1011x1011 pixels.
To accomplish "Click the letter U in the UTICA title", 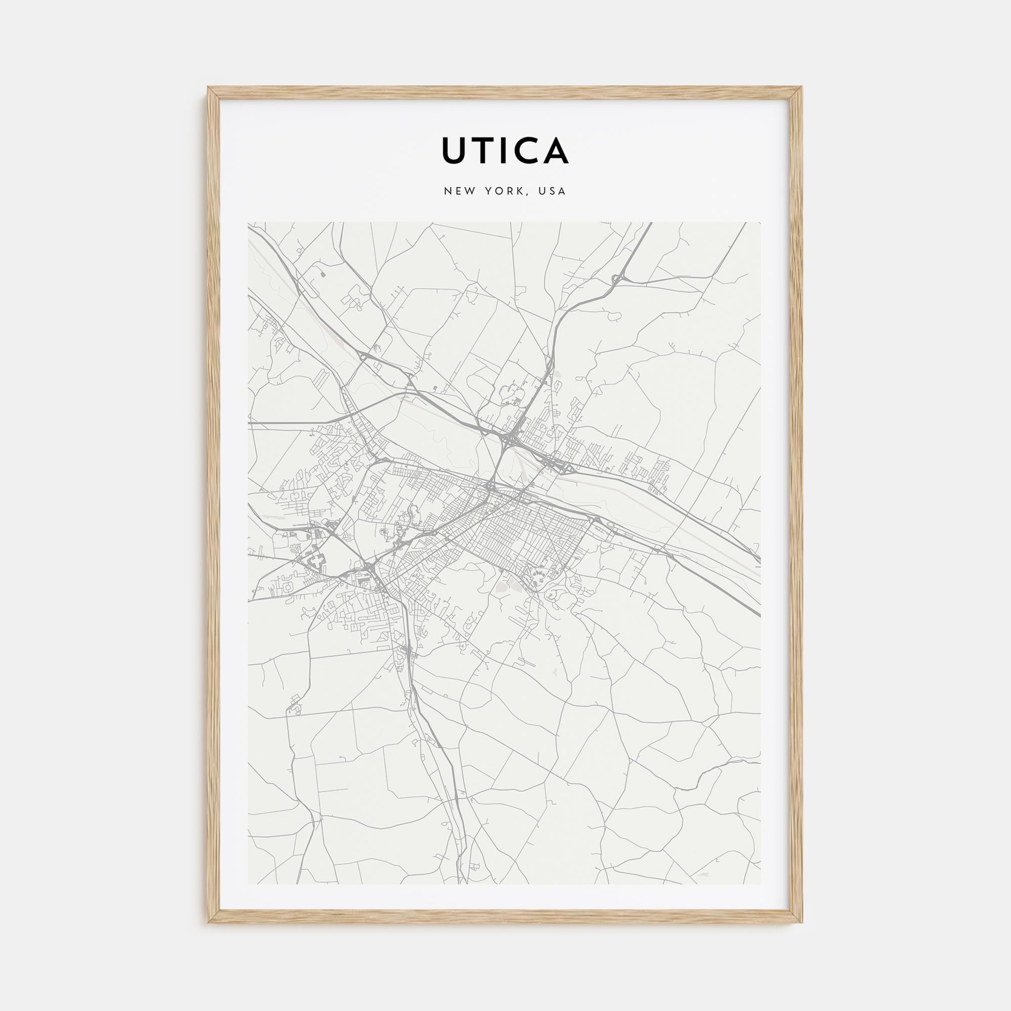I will pyautogui.click(x=455, y=151).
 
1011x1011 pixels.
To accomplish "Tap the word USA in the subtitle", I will pyautogui.click(x=554, y=191).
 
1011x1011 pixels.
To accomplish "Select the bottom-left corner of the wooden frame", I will pyautogui.click(x=208, y=923).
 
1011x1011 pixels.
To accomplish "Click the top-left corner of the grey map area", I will pyautogui.click(x=248, y=222).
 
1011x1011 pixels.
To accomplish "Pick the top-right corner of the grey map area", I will pyautogui.click(x=761, y=222).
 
